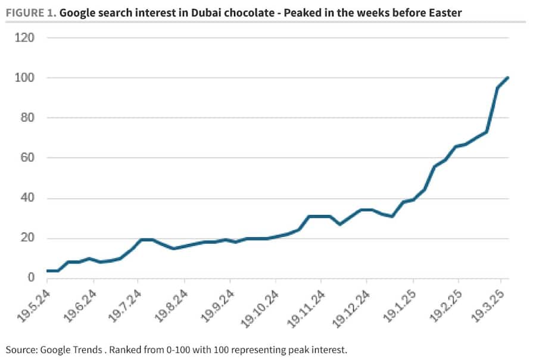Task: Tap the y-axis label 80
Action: (27, 118)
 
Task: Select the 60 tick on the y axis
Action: (27, 158)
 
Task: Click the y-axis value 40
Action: (27, 198)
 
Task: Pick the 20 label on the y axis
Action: (27, 239)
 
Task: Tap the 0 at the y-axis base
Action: (30, 278)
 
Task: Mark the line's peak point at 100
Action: (507, 78)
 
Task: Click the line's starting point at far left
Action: (47, 271)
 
